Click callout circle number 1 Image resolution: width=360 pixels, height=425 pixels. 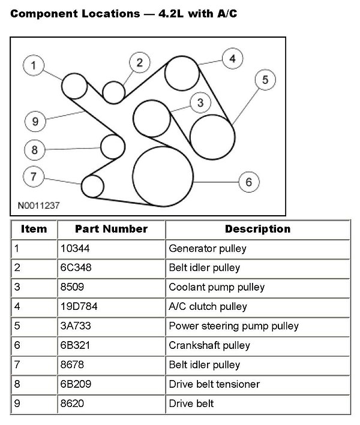[35, 67]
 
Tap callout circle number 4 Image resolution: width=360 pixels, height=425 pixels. [232, 59]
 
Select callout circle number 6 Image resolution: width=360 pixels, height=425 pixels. [248, 182]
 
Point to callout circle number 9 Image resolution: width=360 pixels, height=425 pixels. [35, 122]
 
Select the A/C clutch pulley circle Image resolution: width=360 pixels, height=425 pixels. [182, 73]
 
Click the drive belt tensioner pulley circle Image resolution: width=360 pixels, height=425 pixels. [112, 146]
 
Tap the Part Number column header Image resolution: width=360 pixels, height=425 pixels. [111, 229]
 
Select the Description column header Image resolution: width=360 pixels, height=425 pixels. [257, 229]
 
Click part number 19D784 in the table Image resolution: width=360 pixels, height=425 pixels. [79, 307]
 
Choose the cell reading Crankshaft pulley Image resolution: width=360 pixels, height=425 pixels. [209, 345]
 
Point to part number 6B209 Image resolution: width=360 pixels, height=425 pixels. [76, 384]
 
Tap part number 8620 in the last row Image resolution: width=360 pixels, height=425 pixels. [73, 403]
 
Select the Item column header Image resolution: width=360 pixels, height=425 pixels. [34, 229]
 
